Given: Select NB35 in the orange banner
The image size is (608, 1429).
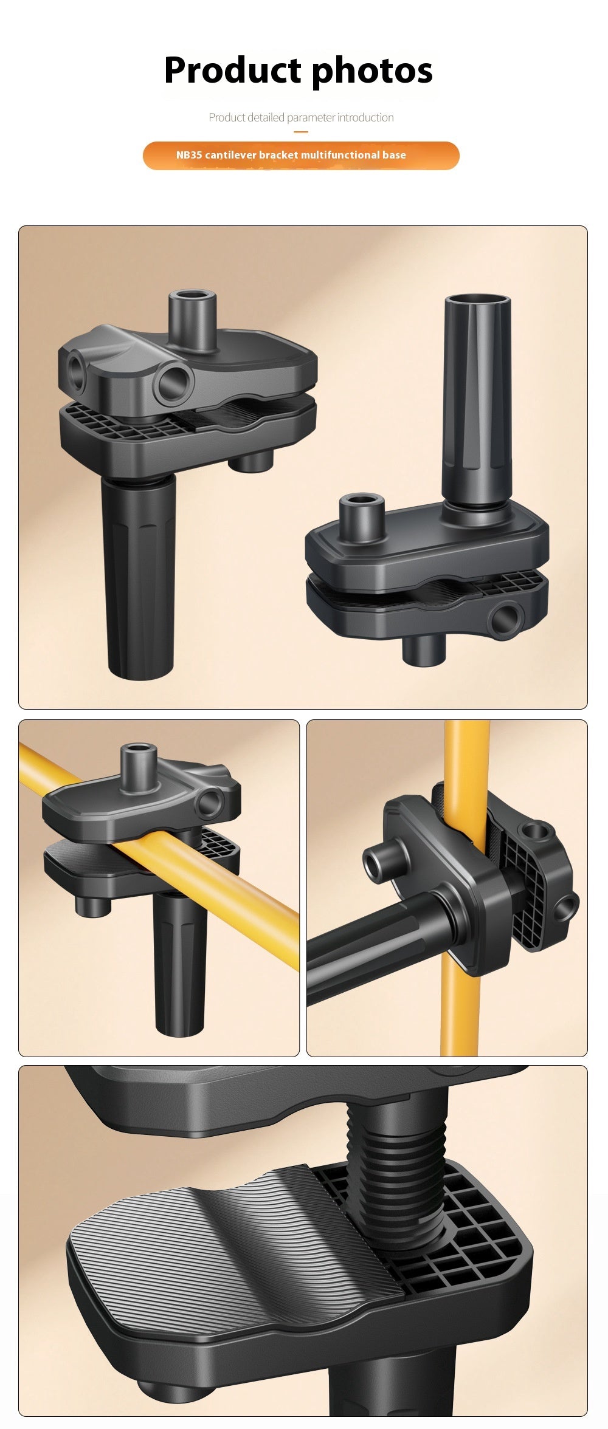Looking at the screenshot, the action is click(189, 155).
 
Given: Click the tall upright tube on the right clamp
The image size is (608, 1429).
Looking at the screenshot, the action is click(478, 403).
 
